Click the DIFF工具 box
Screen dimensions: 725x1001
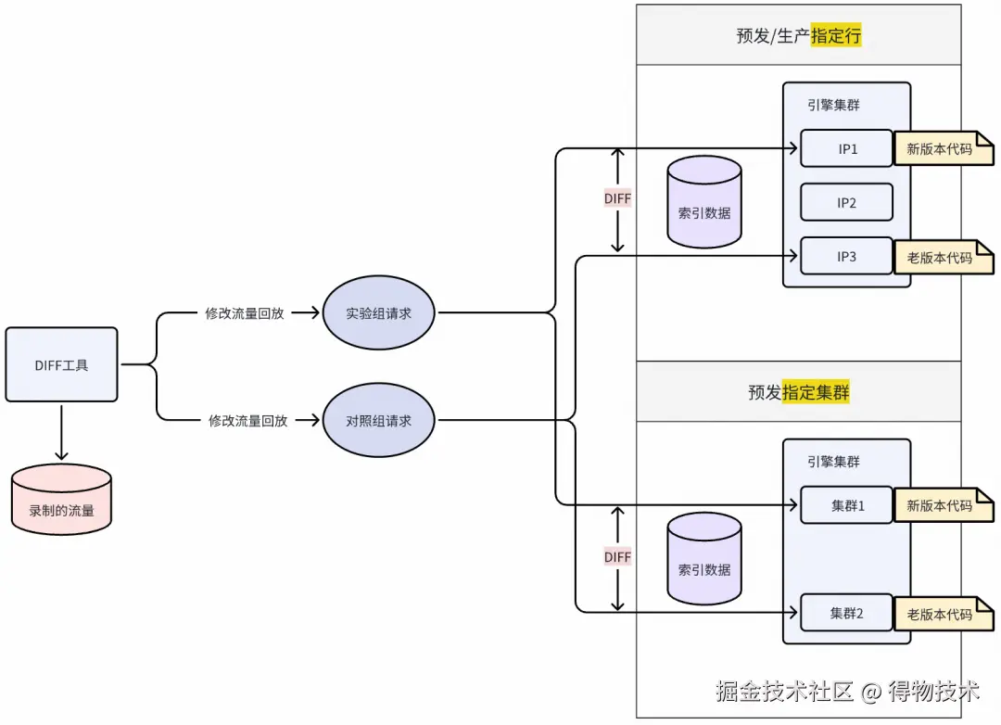pos(61,364)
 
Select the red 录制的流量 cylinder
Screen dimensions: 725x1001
pos(61,501)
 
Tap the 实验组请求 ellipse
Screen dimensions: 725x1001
pos(378,313)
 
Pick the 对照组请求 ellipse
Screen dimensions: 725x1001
pos(378,420)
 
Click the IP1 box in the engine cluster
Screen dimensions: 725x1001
pos(846,148)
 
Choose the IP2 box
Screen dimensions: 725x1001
pos(846,202)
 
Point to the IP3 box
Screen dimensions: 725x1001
pos(846,256)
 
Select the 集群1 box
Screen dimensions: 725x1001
pos(846,505)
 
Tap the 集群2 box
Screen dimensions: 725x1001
pos(846,613)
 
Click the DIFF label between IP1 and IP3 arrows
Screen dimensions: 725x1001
pos(617,198)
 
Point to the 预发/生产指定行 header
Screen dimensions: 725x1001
pos(799,37)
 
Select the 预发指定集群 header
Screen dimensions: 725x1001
pos(799,392)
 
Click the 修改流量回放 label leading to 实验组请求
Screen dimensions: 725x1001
pos(244,313)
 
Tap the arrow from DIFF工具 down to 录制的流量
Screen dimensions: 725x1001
pos(61,431)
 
